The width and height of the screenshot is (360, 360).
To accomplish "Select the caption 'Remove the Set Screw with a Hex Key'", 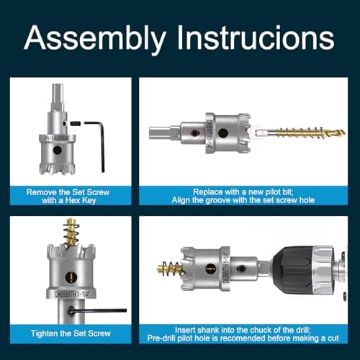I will click(x=69, y=197).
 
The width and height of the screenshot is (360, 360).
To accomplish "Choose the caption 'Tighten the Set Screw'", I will click(x=69, y=333).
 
